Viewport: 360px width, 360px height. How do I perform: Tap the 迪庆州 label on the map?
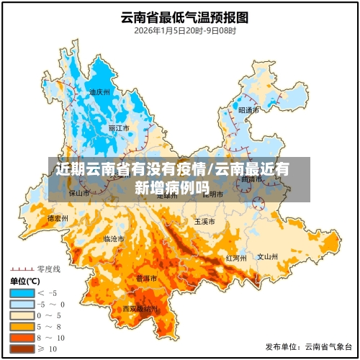(99, 92)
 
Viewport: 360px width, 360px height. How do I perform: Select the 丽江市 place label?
(119, 128)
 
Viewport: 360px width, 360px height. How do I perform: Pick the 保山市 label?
(79, 193)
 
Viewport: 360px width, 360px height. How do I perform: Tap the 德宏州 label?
(57, 218)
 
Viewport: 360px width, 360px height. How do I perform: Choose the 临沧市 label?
(114, 238)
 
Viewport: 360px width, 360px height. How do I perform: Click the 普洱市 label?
(147, 278)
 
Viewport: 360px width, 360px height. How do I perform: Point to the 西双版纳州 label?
(140, 309)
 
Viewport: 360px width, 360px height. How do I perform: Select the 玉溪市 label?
(204, 222)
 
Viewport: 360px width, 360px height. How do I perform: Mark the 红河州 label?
(236, 257)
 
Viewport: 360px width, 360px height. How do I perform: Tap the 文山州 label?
(268, 256)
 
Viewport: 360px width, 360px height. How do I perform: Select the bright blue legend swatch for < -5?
(22, 292)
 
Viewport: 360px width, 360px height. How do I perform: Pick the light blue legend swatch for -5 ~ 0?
(22, 304)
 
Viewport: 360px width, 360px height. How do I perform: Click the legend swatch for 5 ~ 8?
(22, 326)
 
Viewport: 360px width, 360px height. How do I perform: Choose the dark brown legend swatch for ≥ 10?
(22, 349)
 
